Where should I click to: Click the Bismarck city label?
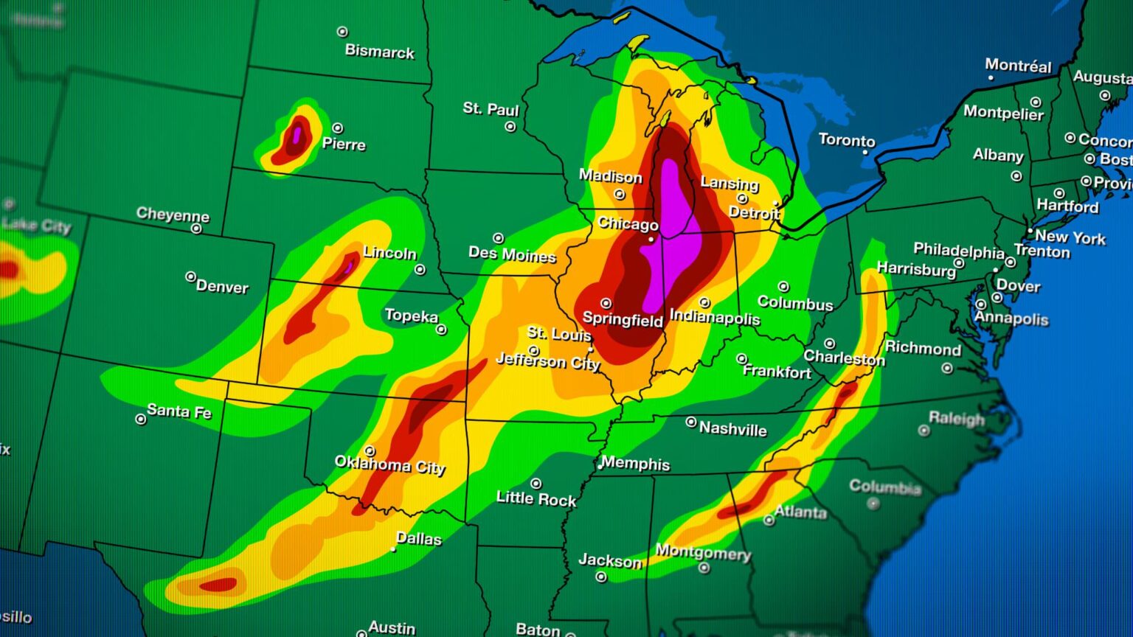[379, 52]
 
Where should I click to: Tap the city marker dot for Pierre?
[337, 128]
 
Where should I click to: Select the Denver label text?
[222, 287]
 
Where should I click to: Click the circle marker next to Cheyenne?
[196, 229]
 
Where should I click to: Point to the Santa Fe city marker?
[141, 420]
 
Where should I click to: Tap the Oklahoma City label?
[389, 464]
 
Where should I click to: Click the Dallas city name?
[418, 539]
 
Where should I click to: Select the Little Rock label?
[536, 499]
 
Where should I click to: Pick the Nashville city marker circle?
[691, 422]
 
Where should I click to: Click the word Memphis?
[635, 464]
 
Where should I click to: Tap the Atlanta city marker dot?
[769, 521]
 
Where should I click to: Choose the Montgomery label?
[702, 552]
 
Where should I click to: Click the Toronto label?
[847, 140]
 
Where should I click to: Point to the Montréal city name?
[1018, 66]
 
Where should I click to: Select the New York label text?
[1070, 237]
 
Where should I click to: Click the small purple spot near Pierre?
[297, 134]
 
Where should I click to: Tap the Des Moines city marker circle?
[499, 238]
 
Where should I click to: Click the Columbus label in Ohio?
[794, 303]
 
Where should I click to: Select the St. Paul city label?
[491, 109]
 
